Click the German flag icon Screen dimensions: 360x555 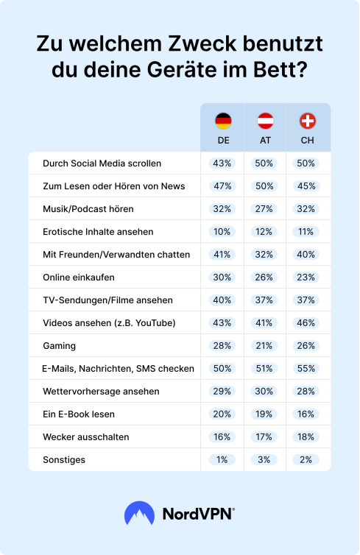pos(223,121)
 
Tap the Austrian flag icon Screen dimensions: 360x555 pos(265,121)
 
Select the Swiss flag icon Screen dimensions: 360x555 pos(307,121)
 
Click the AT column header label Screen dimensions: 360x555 pos(265,141)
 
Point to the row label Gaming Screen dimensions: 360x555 pos(59,346)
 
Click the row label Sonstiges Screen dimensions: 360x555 pos(64,460)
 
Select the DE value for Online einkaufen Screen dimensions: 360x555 pos(222,277)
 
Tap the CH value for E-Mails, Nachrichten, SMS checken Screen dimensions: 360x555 pos(306,369)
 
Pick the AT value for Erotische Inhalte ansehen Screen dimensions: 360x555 pos(264,232)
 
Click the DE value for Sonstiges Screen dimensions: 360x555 pos(222,460)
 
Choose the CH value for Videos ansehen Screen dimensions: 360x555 pos(306,323)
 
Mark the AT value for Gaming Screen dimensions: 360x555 pos(264,346)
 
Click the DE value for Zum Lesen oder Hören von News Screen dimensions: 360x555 pos(222,186)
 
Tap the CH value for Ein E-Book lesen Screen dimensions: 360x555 pos(306,414)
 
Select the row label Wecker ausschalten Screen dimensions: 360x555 pos(86,437)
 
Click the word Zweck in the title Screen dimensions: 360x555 pos(202,43)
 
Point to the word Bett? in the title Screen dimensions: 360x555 pos(280,70)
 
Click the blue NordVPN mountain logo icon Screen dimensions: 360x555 pos(139,513)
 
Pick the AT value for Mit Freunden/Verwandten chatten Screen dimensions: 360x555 pos(264,255)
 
